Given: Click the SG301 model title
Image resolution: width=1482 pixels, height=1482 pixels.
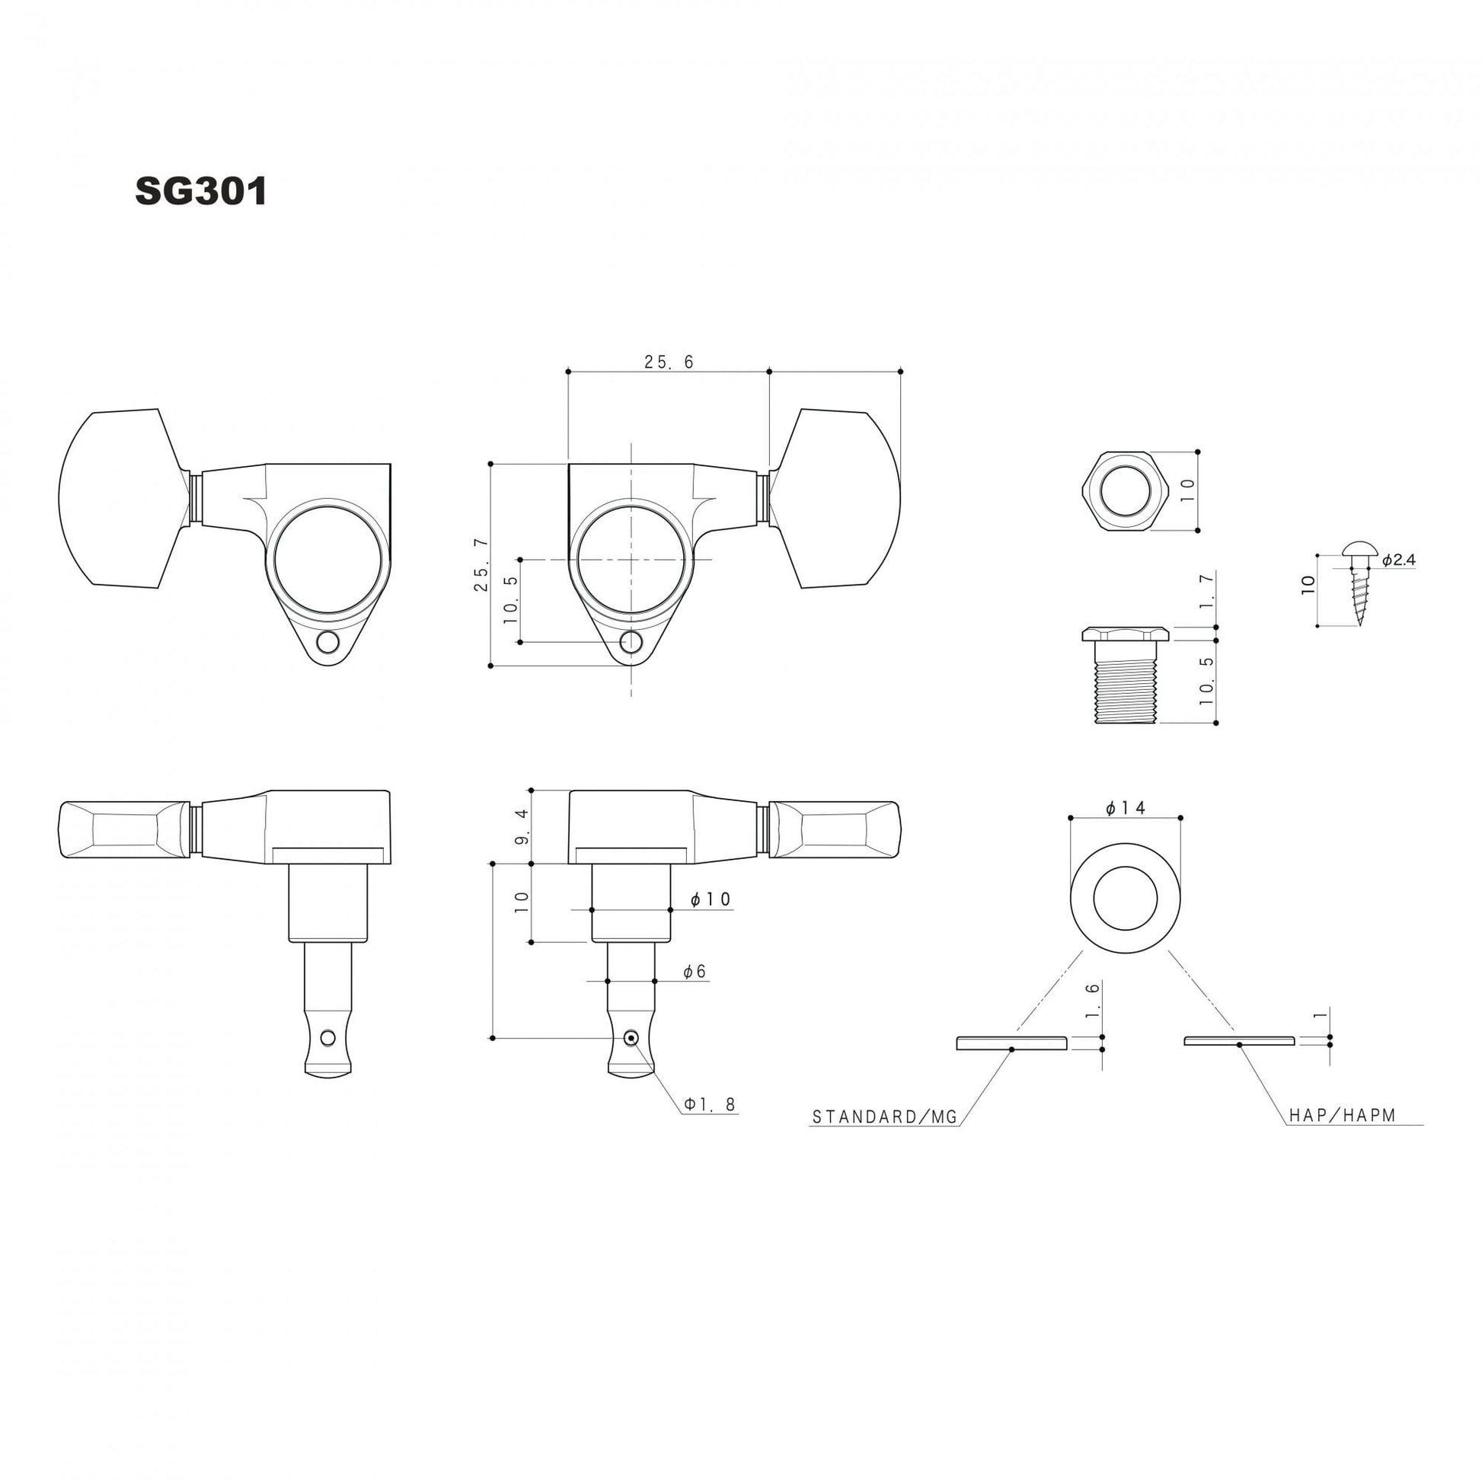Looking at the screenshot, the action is tap(201, 192).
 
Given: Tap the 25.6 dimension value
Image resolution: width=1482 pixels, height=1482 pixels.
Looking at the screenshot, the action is tap(669, 362).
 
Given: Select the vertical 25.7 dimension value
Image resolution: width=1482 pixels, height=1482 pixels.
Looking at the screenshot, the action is tap(481, 564).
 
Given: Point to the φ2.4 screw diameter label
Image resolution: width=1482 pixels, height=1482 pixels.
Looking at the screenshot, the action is tap(1398, 560).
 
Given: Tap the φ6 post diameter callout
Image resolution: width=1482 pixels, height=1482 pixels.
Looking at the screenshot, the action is tap(695, 971).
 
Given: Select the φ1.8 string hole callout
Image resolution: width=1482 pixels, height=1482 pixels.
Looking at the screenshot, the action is tap(711, 1104).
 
